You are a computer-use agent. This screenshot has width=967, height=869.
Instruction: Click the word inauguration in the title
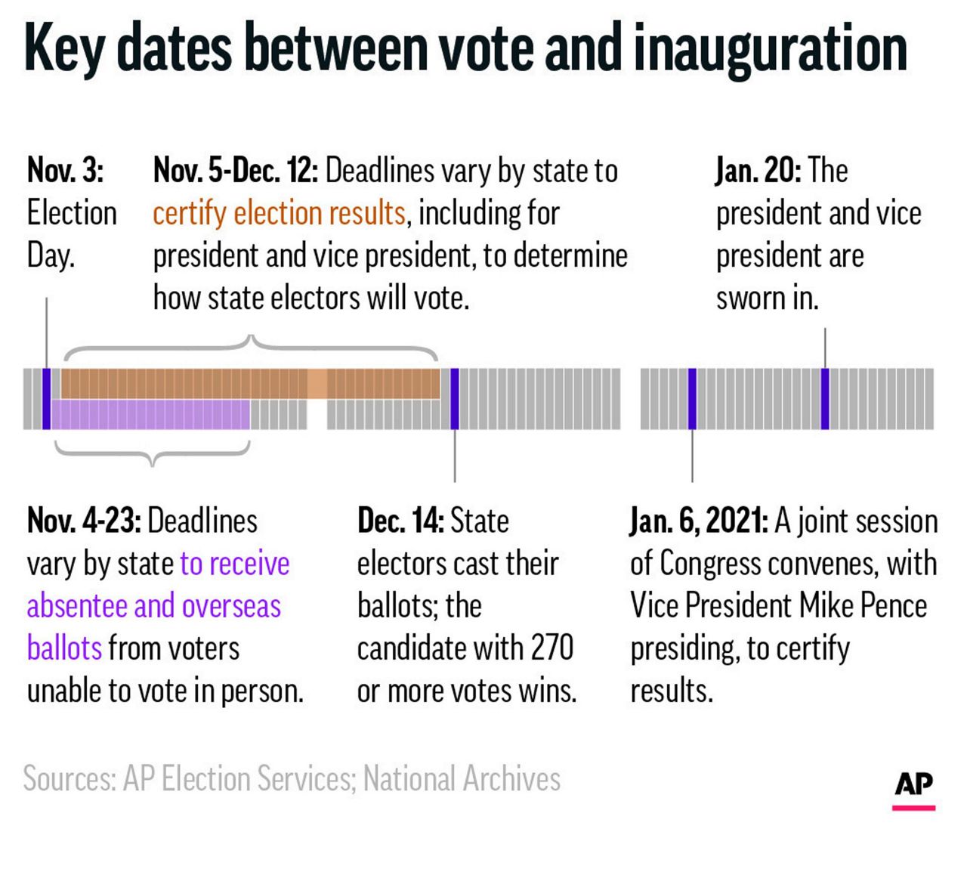(x=770, y=48)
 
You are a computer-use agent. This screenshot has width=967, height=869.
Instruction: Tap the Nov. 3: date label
(x=65, y=170)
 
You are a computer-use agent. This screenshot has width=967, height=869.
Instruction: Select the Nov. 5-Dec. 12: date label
(x=236, y=171)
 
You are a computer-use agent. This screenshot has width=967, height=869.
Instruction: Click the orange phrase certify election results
(x=279, y=213)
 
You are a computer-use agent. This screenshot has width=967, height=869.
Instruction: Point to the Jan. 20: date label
(x=758, y=170)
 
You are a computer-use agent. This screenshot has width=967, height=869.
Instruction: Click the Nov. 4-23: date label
(x=84, y=521)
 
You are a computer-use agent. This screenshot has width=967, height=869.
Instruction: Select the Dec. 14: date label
(x=400, y=521)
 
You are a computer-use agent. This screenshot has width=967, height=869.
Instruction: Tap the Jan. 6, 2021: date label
(x=699, y=521)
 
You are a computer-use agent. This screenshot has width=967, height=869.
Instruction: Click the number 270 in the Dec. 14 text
(x=551, y=648)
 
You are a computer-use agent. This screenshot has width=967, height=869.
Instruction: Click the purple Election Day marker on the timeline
(x=47, y=399)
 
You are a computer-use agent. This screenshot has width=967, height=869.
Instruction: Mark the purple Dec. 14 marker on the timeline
(x=455, y=399)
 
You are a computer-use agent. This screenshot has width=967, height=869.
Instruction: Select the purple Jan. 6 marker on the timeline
(x=692, y=399)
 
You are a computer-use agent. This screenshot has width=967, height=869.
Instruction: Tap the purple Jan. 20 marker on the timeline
(x=825, y=399)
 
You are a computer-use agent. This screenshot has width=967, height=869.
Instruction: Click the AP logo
(x=913, y=784)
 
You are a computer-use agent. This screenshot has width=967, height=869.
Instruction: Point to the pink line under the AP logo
(x=913, y=808)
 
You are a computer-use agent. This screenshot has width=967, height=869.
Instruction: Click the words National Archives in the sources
(x=462, y=778)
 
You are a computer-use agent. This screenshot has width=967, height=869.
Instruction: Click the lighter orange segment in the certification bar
(x=317, y=384)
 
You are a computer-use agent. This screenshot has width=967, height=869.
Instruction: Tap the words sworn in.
(x=767, y=298)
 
